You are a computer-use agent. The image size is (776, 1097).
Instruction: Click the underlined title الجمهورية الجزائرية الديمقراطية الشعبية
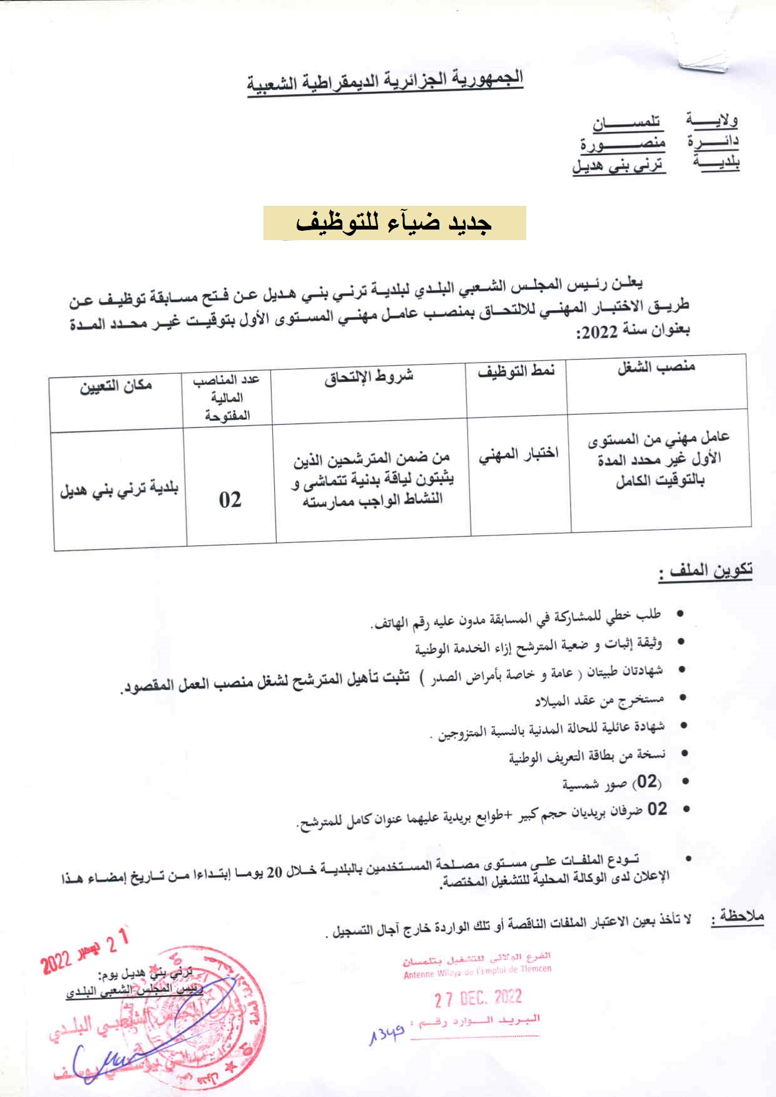pos(385,81)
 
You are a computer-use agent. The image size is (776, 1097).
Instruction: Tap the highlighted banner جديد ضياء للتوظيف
pos(394,223)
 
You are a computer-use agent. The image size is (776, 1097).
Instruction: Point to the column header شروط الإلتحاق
pos(369,377)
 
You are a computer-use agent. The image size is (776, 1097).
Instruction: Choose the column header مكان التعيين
pos(116,386)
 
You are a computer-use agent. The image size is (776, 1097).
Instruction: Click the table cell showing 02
pos(230,499)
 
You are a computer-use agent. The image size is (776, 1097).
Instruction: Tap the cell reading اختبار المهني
pos(519,455)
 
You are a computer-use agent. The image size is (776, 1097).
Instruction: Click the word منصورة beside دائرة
pos(622,144)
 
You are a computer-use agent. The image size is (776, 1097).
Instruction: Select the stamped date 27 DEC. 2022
pos(478,998)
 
